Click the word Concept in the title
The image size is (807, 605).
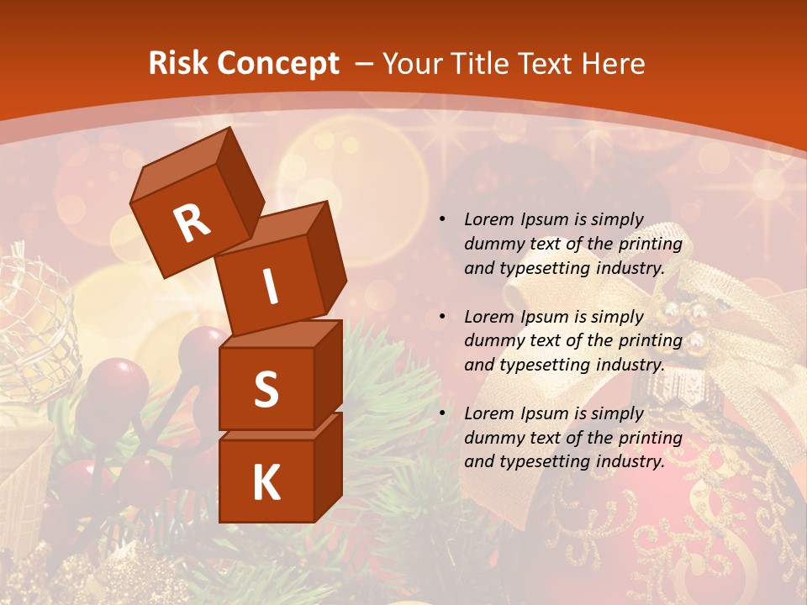(x=277, y=64)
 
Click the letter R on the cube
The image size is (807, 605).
(x=192, y=223)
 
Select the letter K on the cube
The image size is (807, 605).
(x=266, y=483)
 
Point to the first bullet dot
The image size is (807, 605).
(x=442, y=220)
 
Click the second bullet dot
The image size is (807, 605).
(x=442, y=317)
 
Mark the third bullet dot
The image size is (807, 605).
(x=442, y=413)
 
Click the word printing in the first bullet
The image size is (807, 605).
(x=650, y=245)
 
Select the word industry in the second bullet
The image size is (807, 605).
(x=634, y=366)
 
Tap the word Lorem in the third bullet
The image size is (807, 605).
(x=488, y=413)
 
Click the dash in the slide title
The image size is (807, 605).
(x=365, y=64)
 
